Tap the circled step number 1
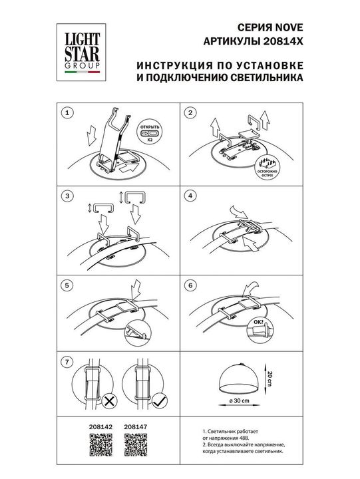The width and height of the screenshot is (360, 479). tap(66, 114)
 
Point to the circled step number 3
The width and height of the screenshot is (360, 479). tap(66, 196)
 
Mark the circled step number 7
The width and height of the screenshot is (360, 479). tap(66, 363)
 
